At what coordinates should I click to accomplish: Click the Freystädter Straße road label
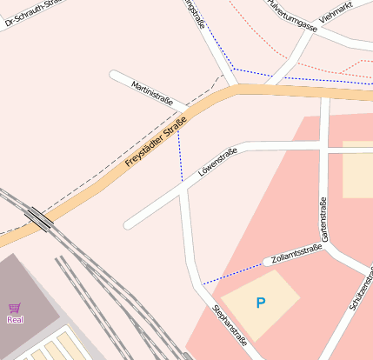tap(157, 143)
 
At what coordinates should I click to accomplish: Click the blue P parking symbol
tap(259, 303)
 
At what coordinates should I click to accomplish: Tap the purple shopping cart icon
tap(15, 308)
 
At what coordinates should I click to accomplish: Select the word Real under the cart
tap(15, 319)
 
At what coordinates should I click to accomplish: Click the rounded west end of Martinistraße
tap(115, 74)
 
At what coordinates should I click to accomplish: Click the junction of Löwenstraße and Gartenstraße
tap(324, 150)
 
